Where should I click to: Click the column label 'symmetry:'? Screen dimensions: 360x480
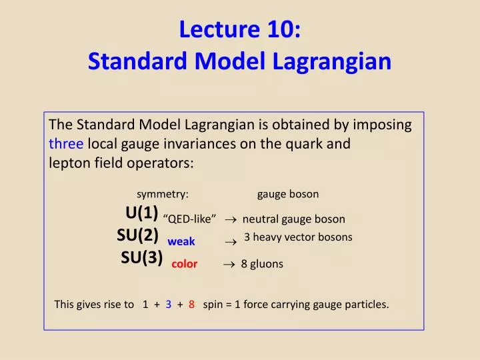click(163, 194)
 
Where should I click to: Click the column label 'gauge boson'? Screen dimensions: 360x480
click(288, 194)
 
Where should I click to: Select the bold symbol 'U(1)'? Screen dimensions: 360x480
click(141, 213)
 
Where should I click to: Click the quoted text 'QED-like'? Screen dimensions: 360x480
click(189, 219)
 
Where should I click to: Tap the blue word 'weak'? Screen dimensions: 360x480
click(181, 242)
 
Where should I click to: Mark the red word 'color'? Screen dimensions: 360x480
click(185, 264)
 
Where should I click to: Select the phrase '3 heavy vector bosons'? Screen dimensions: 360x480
click(298, 237)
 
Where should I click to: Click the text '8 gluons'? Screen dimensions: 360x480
click(262, 264)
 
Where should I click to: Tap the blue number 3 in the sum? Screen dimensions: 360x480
click(169, 305)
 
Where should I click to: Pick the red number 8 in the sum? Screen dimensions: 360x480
click(191, 305)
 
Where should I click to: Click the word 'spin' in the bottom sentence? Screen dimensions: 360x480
click(213, 305)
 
